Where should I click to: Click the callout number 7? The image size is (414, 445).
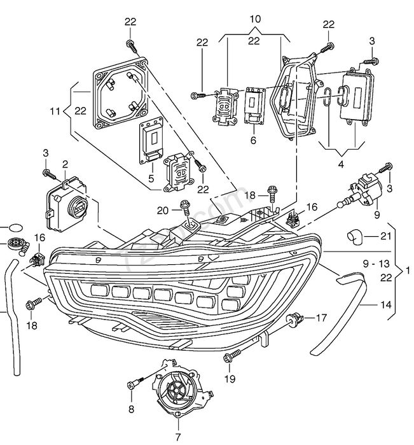click(178, 437)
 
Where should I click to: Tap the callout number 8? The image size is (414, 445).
click(131, 409)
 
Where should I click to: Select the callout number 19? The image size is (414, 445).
click(230, 378)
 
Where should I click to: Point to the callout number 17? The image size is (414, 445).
click(321, 318)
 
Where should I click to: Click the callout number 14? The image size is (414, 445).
click(385, 305)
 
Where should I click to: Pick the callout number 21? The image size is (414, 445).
click(385, 236)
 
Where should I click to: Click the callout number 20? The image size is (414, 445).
click(162, 211)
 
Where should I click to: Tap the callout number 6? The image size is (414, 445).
click(253, 140)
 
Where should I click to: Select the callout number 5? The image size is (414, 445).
click(151, 178)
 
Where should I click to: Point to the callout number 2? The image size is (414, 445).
click(66, 164)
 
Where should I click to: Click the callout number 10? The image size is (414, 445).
click(255, 19)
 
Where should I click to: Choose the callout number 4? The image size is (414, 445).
click(341, 164)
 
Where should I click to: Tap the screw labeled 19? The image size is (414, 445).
click(232, 356)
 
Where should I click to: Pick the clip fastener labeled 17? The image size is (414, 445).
click(295, 318)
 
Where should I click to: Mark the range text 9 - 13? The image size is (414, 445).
click(376, 264)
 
